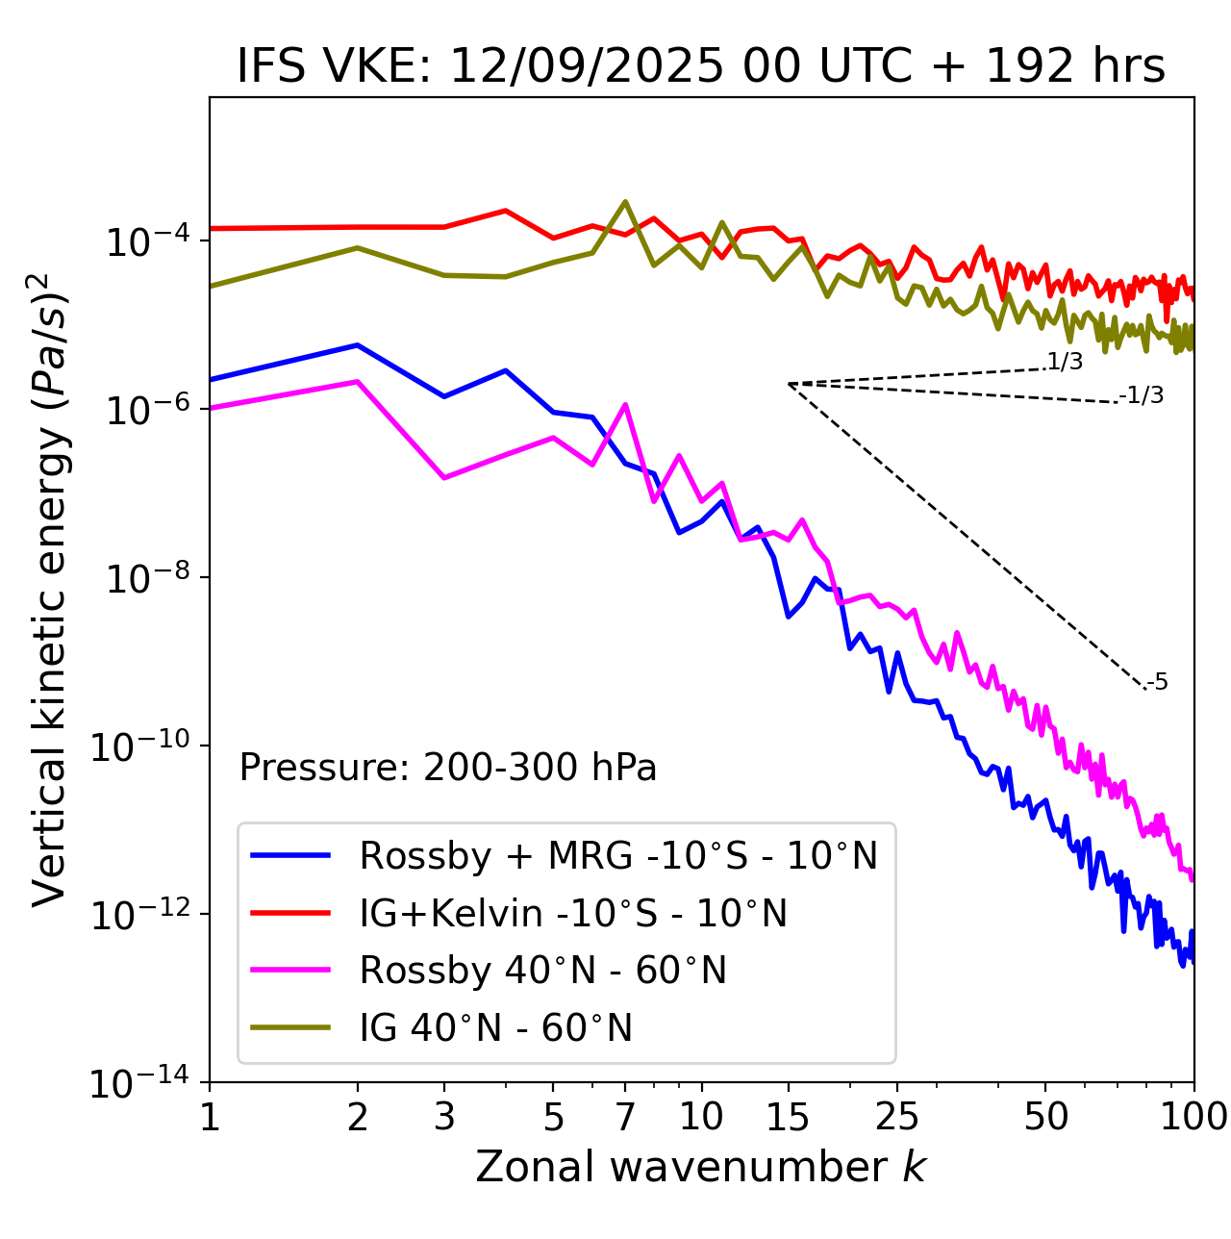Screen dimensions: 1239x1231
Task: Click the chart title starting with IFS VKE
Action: tap(701, 66)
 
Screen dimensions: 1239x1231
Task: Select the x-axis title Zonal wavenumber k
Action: tap(700, 1166)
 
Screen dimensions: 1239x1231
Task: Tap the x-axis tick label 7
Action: tap(625, 1116)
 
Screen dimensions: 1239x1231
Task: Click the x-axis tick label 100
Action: tap(1193, 1116)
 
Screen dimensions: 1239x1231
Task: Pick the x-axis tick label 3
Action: tap(443, 1116)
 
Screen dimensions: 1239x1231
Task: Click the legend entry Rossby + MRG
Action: tap(618, 855)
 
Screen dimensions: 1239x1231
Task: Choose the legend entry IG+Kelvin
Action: tap(573, 913)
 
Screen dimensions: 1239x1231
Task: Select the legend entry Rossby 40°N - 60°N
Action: tap(542, 971)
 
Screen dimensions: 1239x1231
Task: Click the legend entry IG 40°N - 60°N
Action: tap(495, 1028)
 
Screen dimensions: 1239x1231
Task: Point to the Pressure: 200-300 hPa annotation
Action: tap(448, 768)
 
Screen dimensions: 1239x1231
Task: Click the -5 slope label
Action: tap(1157, 682)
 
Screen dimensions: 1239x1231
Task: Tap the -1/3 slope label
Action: tap(1142, 394)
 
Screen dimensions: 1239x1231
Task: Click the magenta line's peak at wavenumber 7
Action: tap(625, 404)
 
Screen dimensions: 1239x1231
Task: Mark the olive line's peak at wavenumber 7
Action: tap(625, 201)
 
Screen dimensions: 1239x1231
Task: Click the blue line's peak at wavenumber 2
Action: tap(358, 344)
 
